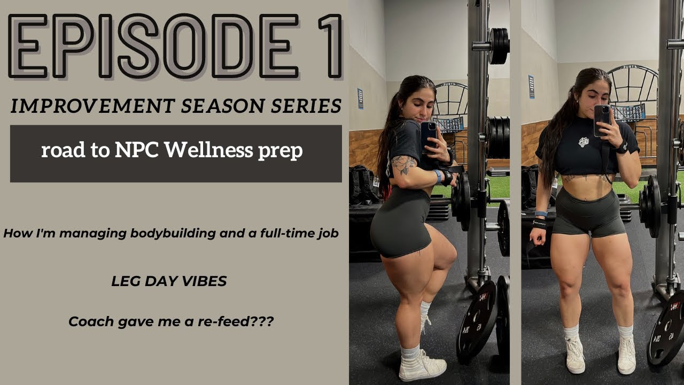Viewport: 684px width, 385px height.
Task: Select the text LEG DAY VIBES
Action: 169,281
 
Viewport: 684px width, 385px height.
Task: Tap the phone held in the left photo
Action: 429,136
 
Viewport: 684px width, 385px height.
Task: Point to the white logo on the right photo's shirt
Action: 584,142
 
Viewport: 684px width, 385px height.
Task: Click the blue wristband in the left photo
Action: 438,176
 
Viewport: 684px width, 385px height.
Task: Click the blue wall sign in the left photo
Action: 360,98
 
